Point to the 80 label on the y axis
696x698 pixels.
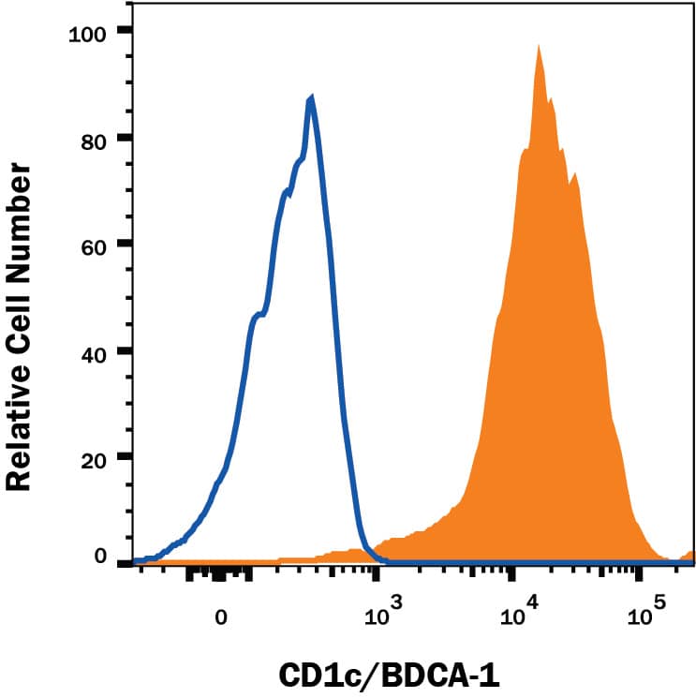coord(94,138)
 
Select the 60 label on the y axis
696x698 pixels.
coord(94,245)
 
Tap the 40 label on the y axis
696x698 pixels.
coord(94,351)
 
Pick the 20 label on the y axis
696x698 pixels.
coord(94,457)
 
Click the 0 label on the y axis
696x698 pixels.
coord(100,557)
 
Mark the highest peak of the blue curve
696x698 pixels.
coord(311,97)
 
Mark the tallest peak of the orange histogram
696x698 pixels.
coord(539,46)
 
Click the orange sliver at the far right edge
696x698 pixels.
coord(691,557)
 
